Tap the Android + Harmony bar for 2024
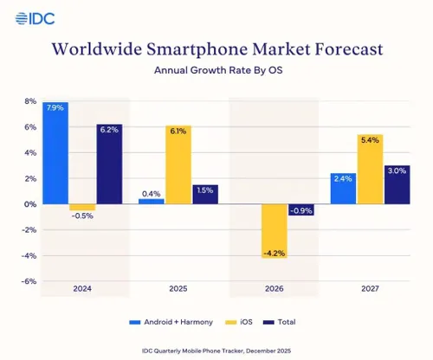point(55,153)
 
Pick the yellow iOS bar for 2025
point(177,165)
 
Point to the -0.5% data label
point(82,216)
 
